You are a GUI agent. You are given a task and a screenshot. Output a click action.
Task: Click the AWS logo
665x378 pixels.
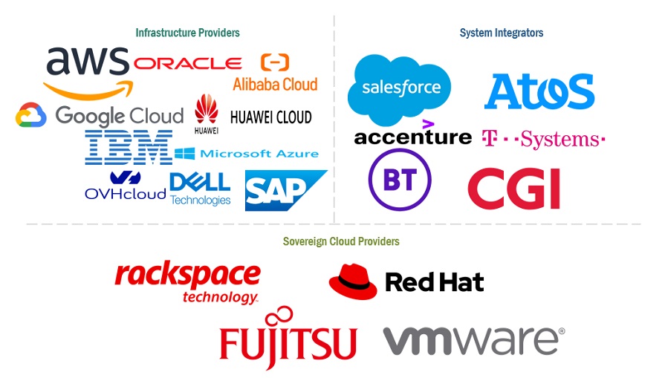point(87,71)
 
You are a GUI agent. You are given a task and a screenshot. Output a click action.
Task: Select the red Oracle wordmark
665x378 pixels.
point(187,63)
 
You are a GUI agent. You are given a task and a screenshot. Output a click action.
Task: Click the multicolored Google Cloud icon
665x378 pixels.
point(30,115)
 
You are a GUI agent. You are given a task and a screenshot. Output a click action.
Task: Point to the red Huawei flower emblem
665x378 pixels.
point(207,111)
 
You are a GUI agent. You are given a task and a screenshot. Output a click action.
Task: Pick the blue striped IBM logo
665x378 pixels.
point(129,147)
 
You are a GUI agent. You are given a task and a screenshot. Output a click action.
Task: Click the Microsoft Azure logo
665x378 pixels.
point(247,154)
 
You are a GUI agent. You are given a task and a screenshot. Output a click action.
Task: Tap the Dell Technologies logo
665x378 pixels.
point(200,189)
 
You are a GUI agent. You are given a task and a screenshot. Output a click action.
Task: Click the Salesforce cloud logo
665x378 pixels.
point(400,88)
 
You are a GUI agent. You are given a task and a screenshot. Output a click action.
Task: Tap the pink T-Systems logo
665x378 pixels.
point(543,139)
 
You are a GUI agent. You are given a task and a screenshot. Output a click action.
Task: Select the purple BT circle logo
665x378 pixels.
point(400,180)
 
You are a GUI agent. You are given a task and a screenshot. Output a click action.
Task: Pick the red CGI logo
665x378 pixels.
point(513,188)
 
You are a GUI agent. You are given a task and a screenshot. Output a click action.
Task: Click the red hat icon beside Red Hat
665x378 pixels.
point(353,281)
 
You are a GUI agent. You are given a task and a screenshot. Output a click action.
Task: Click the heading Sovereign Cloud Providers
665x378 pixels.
point(341,241)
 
